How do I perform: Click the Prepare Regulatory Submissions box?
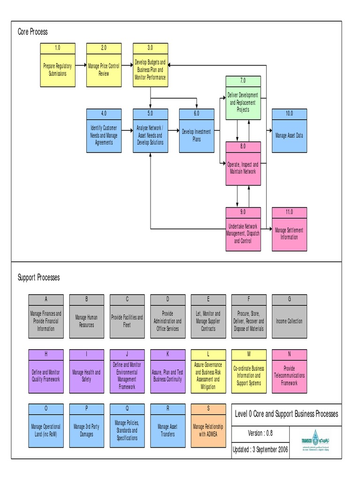(58, 69)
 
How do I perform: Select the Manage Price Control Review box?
(104, 69)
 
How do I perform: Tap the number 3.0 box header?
(150, 47)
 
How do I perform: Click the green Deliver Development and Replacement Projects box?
(243, 102)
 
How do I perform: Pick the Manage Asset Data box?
(289, 135)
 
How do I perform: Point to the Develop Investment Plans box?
(196, 135)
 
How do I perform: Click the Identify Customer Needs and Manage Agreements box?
(104, 135)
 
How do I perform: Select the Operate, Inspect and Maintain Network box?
(243, 168)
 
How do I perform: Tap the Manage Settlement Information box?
(289, 233)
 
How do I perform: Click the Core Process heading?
(33, 32)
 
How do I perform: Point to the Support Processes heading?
(39, 277)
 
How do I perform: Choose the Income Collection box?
(289, 321)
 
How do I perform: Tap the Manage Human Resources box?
(86, 321)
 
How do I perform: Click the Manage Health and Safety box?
(86, 375)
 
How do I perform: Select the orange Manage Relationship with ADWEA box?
(208, 430)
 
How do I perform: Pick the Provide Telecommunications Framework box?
(289, 375)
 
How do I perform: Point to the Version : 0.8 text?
(261, 433)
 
